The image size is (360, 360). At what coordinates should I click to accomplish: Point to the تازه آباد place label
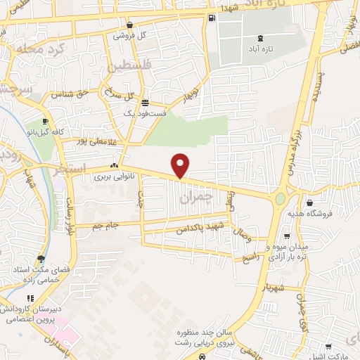255,50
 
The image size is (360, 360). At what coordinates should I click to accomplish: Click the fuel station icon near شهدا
212,18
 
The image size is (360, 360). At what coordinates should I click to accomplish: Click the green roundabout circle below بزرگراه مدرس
281,199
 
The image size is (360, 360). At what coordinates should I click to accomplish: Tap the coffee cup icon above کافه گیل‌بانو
46,121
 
